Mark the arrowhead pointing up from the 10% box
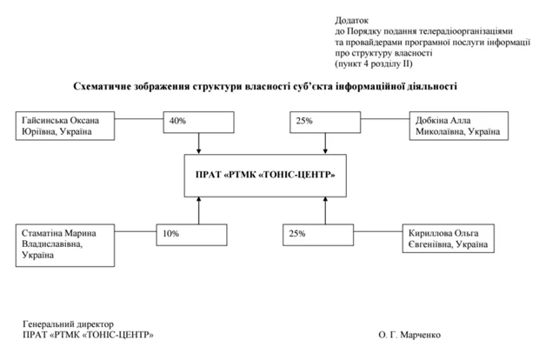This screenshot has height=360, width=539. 199,199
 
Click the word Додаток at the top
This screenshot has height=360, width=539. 351,17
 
